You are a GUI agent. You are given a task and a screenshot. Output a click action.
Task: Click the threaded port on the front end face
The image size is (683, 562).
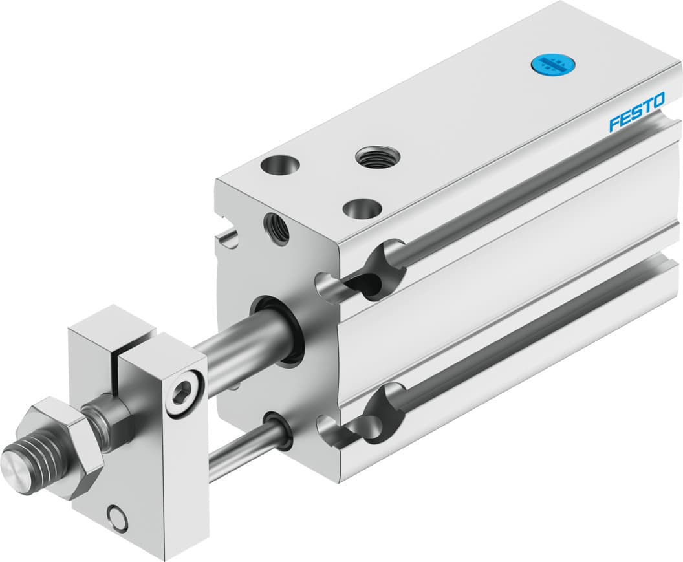(x=276, y=228)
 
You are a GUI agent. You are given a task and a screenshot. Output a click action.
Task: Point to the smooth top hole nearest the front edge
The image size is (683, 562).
(x=362, y=208)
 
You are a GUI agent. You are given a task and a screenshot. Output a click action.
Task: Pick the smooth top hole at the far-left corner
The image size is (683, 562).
(x=280, y=166)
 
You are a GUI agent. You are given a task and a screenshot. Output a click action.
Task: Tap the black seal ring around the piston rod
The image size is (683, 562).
(x=277, y=330)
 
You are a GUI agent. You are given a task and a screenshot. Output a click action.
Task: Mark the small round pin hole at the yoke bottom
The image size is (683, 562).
(x=117, y=517)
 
